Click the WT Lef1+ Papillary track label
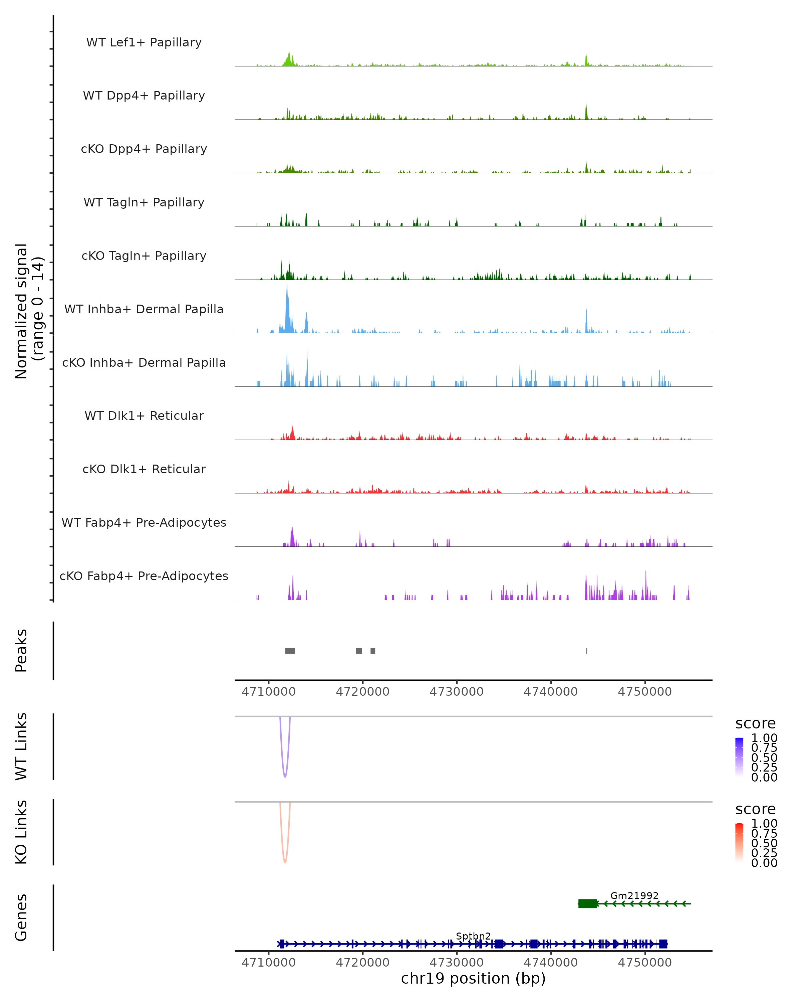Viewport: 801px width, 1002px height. (x=144, y=42)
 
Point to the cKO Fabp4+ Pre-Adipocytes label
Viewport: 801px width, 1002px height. (x=144, y=576)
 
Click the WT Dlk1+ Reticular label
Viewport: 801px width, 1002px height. (x=144, y=415)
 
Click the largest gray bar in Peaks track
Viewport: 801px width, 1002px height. (x=290, y=651)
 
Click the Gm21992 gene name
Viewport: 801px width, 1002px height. (x=634, y=895)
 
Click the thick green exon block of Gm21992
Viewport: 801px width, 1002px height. (x=587, y=903)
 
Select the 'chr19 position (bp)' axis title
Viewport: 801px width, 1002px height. (x=473, y=979)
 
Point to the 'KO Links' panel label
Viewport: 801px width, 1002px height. (x=21, y=832)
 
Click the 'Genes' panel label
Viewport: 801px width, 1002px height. (x=21, y=917)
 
